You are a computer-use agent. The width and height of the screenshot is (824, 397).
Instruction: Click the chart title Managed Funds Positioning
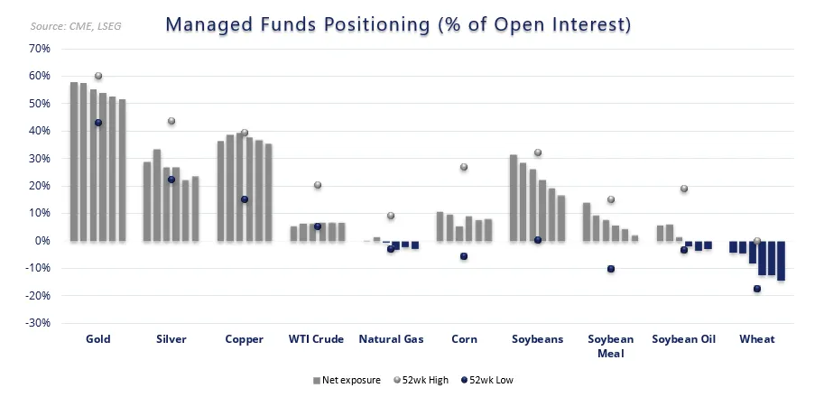pyautogui.click(x=398, y=24)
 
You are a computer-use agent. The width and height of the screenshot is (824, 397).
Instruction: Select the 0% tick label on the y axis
pyautogui.click(x=42, y=241)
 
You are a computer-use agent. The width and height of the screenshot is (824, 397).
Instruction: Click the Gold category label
pyautogui.click(x=98, y=339)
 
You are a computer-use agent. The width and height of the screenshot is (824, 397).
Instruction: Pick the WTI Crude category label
pyautogui.click(x=317, y=339)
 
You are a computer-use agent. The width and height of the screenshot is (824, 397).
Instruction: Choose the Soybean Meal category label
pyautogui.click(x=610, y=346)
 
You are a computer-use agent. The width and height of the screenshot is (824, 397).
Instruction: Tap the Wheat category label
pyautogui.click(x=756, y=339)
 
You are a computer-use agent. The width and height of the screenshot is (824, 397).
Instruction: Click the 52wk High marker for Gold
pyautogui.click(x=98, y=76)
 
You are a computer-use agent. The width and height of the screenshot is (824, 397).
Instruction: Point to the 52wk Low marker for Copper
pyautogui.click(x=245, y=199)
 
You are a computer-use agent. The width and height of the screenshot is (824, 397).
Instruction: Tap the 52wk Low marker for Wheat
pyautogui.click(x=757, y=289)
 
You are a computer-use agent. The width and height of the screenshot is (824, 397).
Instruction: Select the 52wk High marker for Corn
pyautogui.click(x=464, y=167)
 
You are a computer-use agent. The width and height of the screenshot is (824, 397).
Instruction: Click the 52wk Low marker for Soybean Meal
pyautogui.click(x=611, y=269)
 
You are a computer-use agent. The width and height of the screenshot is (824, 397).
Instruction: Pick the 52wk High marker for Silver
pyautogui.click(x=171, y=121)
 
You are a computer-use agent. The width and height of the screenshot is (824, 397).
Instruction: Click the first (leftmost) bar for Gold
pyautogui.click(x=74, y=162)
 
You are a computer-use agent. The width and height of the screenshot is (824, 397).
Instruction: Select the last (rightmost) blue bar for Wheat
pyautogui.click(x=781, y=261)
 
